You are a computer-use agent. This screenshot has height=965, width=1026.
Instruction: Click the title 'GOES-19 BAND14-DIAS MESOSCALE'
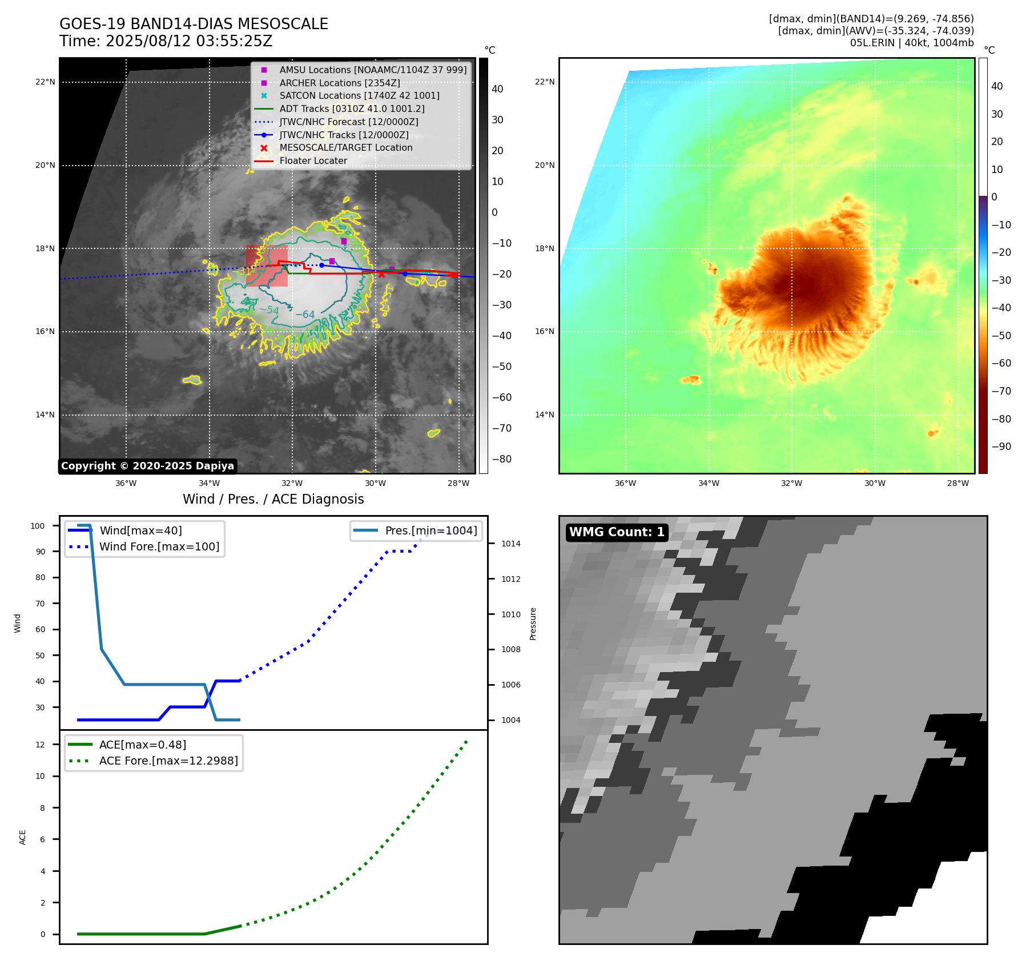tap(194, 24)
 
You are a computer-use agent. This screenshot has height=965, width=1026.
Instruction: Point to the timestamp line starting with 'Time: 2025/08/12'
tap(166, 41)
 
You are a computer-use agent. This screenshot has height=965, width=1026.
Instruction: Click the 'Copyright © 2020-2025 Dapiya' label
tap(147, 466)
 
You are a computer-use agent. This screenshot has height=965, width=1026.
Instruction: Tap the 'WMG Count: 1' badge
tap(617, 532)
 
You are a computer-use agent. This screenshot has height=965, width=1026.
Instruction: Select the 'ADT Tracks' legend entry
tap(352, 108)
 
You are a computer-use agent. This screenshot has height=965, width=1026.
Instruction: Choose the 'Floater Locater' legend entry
tap(313, 160)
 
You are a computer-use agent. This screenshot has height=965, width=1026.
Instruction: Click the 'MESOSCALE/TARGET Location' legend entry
tap(345, 147)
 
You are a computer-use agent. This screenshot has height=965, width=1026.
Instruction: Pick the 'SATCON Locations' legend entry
tap(359, 95)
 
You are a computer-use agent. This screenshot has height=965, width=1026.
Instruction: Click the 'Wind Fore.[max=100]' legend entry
tap(159, 546)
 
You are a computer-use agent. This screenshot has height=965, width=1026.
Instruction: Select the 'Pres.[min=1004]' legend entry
tap(430, 530)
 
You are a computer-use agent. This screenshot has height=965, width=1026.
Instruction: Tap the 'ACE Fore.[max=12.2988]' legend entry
tap(168, 761)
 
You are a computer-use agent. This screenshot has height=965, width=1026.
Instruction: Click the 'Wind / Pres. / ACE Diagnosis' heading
tap(273, 499)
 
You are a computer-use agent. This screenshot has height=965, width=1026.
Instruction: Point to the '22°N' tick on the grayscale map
tap(45, 82)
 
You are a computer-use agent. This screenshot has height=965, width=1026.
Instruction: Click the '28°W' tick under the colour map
tap(957, 483)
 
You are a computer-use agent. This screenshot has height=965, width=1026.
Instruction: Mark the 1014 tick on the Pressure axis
tap(511, 544)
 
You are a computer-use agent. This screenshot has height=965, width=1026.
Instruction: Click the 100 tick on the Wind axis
tap(38, 526)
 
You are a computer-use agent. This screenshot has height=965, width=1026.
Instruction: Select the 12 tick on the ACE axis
tap(40, 745)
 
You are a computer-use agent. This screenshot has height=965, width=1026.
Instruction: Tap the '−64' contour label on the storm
tap(305, 315)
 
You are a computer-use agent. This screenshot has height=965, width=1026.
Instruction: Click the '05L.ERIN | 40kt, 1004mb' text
tap(912, 43)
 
